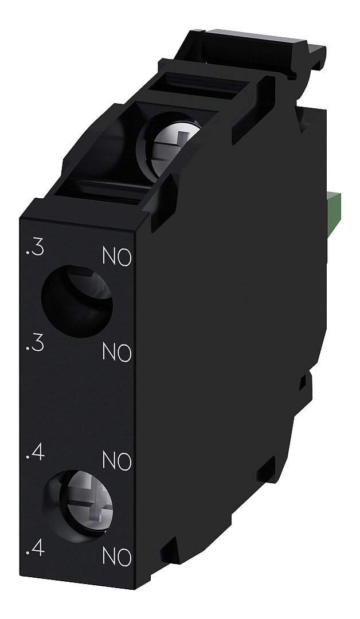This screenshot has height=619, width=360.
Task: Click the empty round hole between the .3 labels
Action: tap(76, 301)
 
